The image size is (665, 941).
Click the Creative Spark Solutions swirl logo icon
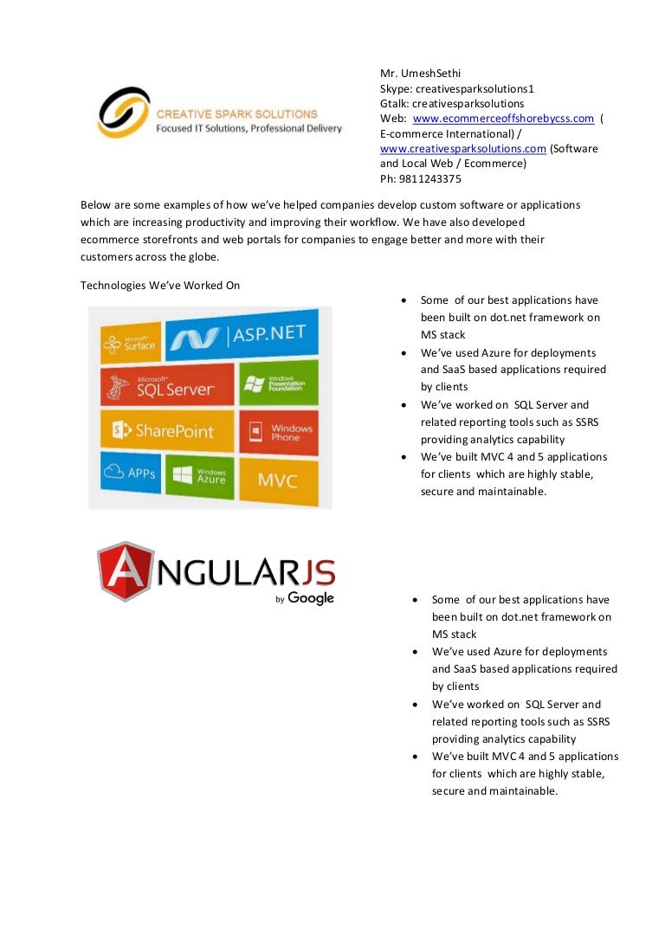[x=123, y=112]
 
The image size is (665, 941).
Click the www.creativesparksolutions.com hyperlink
[x=463, y=148]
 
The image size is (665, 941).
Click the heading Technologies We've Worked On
[x=160, y=285]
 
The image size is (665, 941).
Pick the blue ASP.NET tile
[x=242, y=338]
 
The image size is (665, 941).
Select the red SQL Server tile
[x=167, y=385]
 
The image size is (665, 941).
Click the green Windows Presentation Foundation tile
[x=266, y=383]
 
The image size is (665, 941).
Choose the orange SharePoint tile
[x=167, y=430]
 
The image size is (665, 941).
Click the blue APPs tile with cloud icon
[x=131, y=474]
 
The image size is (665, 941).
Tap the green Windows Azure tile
[x=199, y=474]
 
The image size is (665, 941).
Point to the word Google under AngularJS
[x=311, y=598]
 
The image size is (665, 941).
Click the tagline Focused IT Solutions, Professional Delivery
[x=249, y=128]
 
